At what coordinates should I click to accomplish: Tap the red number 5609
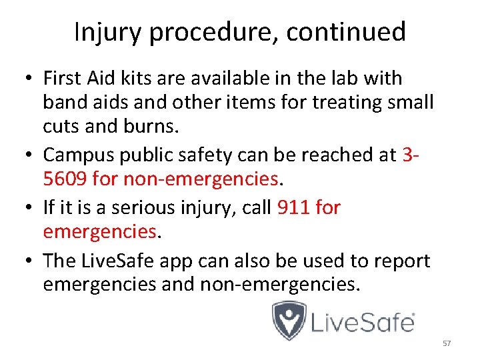pyautogui.click(x=65, y=179)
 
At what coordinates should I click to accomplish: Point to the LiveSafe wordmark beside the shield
pyautogui.click(x=364, y=323)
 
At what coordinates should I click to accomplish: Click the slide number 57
pyautogui.click(x=447, y=343)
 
